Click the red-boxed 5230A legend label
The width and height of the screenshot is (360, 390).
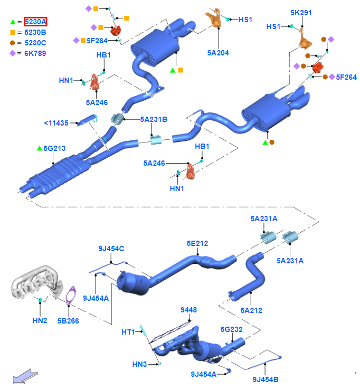[x=36, y=22]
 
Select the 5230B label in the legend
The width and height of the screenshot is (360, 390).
[x=35, y=32]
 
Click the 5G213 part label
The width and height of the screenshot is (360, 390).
[x=54, y=148]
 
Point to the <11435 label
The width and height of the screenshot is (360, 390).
[x=56, y=123]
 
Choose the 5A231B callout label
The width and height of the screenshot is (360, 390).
[x=154, y=119]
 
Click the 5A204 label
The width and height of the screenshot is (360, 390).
[x=218, y=53]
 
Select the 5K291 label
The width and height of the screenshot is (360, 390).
[x=301, y=12]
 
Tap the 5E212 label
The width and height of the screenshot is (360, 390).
[x=197, y=243]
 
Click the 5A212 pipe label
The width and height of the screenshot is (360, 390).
[x=251, y=310]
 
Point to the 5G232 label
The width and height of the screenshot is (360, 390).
[x=232, y=329]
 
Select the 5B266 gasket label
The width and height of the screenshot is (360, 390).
[x=69, y=320]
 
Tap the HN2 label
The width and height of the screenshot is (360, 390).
[x=40, y=320]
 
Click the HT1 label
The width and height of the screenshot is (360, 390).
[x=128, y=332]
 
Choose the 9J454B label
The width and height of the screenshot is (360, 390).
[x=266, y=379]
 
